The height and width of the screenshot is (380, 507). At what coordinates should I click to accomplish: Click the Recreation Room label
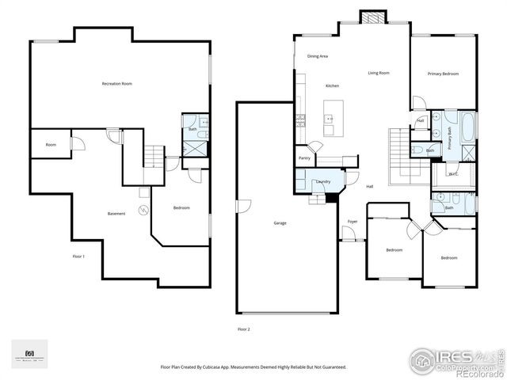[116, 84]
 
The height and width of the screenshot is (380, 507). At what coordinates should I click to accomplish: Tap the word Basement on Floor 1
[116, 214]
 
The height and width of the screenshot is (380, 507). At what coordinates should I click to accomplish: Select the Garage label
[280, 223]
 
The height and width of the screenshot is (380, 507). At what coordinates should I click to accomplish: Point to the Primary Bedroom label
[444, 74]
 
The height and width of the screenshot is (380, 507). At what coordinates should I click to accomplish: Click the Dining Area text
[318, 56]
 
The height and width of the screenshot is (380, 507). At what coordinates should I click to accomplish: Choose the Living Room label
[379, 74]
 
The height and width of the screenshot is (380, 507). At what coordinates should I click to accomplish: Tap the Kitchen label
[332, 85]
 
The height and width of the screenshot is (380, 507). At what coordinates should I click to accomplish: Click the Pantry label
[304, 158]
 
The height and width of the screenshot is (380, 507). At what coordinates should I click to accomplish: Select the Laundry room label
[323, 182]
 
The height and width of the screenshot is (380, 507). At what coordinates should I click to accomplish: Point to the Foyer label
[353, 221]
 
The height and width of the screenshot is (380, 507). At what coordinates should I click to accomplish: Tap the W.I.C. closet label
[452, 174]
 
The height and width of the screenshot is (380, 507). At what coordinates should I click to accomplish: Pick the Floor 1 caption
[78, 256]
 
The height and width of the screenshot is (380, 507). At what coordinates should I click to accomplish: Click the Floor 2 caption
[243, 329]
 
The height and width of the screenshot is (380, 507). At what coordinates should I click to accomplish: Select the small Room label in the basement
[51, 145]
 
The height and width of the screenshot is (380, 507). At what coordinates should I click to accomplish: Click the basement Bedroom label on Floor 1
[181, 208]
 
